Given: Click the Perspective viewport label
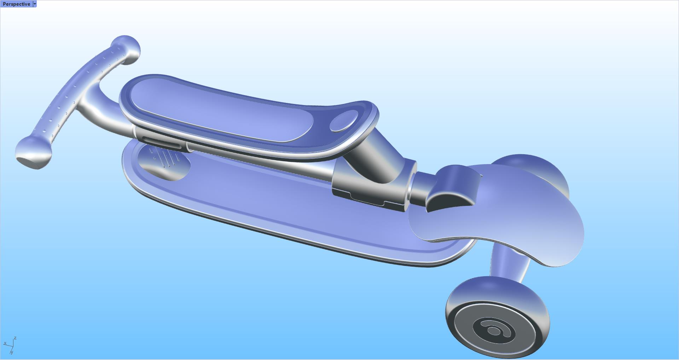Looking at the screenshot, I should tap(16, 4).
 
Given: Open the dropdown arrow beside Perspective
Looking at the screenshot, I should tap(35, 4).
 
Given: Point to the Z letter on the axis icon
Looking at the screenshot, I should tap(15, 338).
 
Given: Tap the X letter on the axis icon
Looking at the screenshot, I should tap(5, 343).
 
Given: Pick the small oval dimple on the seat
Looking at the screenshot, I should tap(344, 121).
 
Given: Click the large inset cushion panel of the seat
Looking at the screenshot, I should tap(219, 110).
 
